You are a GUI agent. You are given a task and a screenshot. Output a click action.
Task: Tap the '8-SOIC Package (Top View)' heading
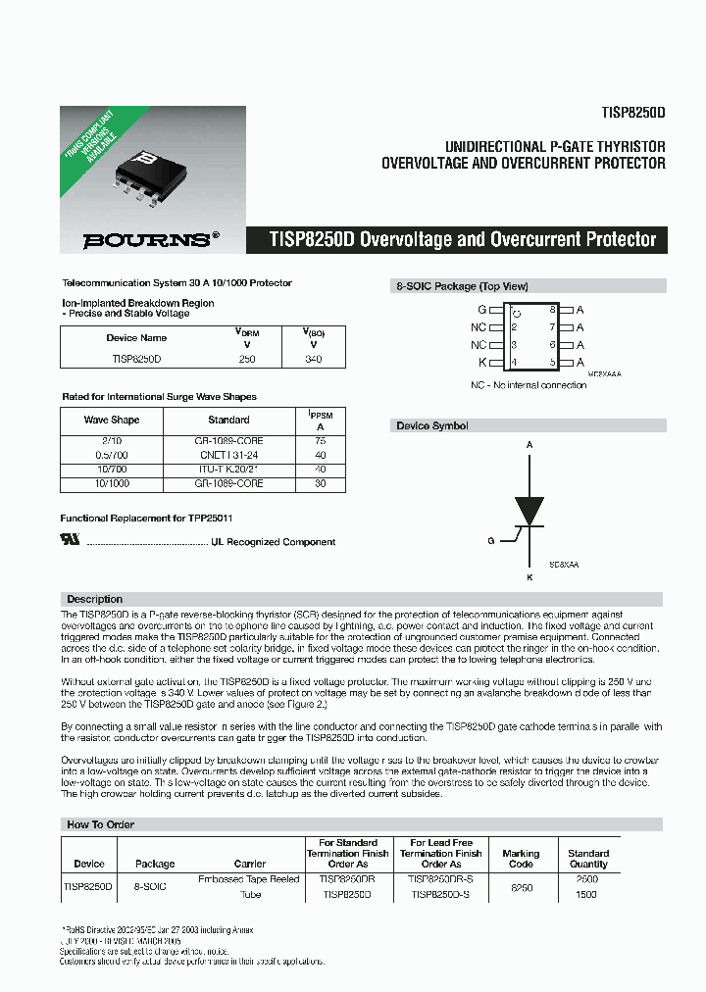[x=461, y=286]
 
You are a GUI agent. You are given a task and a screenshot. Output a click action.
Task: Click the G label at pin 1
[x=481, y=310]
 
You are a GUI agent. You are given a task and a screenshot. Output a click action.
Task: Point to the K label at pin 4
[x=481, y=363]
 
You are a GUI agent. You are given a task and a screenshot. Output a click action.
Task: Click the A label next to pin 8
[x=580, y=310]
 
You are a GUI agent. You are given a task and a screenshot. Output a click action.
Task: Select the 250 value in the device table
[x=247, y=360]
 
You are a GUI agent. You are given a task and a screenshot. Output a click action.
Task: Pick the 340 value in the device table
[x=313, y=360]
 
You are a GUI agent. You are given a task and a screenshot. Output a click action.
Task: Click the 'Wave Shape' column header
[x=111, y=420]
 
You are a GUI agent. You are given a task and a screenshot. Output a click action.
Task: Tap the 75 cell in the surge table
[x=321, y=441]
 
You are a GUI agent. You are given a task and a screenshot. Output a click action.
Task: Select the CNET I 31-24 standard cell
[x=228, y=455]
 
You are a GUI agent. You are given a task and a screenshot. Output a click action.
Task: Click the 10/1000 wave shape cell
[x=111, y=483]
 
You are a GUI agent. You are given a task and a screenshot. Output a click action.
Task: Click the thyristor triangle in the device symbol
[x=529, y=511]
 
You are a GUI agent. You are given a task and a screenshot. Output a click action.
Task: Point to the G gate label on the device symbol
[x=490, y=540]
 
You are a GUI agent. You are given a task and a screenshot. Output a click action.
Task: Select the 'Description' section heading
[x=94, y=599]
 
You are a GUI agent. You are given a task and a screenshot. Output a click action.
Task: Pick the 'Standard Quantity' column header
[x=588, y=859]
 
